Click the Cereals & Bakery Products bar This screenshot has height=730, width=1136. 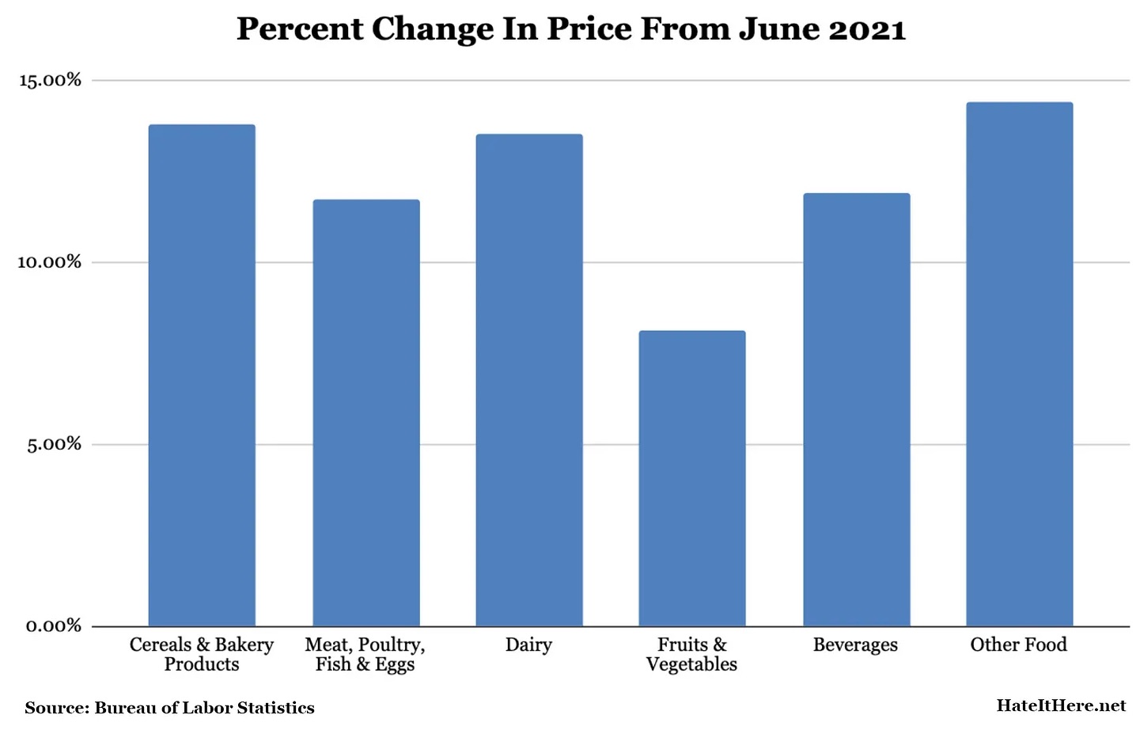click(x=202, y=375)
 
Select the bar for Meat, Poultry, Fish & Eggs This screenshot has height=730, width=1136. click(x=365, y=413)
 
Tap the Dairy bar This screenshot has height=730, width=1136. click(x=528, y=380)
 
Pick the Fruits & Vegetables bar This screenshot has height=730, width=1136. click(x=691, y=478)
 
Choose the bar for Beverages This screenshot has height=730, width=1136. click(x=856, y=409)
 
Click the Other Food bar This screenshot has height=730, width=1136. click(x=1019, y=364)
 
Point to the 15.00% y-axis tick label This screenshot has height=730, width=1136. click(x=50, y=80)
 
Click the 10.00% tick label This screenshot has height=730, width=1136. click(x=50, y=262)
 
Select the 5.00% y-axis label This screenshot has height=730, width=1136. click(x=54, y=444)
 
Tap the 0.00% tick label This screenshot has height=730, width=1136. click(x=54, y=626)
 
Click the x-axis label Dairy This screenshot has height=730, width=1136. click(x=528, y=644)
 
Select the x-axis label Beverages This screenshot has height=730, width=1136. click(x=855, y=645)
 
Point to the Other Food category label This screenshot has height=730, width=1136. click(x=1018, y=644)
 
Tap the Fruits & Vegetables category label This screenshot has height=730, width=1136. click(x=691, y=655)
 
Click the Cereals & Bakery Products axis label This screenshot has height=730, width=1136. click(x=202, y=655)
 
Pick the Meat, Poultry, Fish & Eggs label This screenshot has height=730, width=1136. click(x=365, y=655)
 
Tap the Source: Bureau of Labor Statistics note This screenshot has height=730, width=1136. click(x=169, y=708)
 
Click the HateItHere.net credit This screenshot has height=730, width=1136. click(x=1060, y=705)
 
